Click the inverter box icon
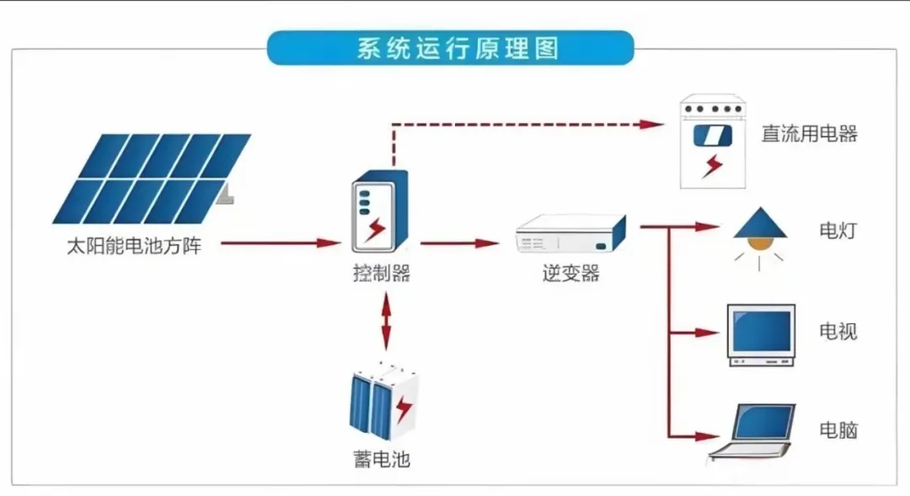click(571, 234)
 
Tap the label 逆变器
click(570, 273)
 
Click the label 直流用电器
click(809, 134)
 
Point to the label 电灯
click(838, 230)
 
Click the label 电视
click(838, 331)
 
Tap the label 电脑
click(838, 430)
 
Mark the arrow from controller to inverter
click(460, 243)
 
